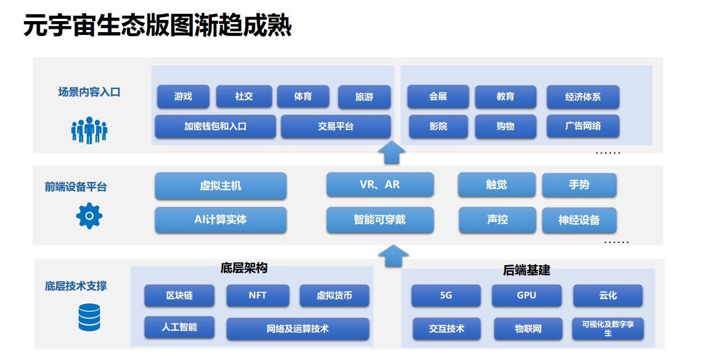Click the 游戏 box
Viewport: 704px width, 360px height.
click(183, 97)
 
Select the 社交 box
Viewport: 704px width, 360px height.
click(244, 97)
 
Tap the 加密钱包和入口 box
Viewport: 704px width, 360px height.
click(215, 126)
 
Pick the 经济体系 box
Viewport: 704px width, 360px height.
click(583, 97)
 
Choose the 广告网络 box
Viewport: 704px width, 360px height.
click(583, 126)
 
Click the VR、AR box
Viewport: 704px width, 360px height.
click(380, 184)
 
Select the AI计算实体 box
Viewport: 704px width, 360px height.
click(221, 220)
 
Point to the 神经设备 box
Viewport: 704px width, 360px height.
click(579, 220)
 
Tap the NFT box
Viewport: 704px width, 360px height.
click(258, 295)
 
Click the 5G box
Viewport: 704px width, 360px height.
click(446, 295)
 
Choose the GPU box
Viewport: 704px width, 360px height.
click(526, 295)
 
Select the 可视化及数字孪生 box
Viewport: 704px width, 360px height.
click(608, 328)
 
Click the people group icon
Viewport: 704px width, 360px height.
click(89, 130)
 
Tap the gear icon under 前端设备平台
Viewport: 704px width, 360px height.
click(89, 216)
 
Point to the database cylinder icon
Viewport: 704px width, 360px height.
click(89, 317)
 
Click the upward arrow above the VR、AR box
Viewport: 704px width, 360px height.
click(392, 152)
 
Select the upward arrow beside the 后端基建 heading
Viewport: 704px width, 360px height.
click(393, 256)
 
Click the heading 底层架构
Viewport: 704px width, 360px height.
click(244, 268)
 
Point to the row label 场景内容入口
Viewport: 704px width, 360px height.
click(89, 92)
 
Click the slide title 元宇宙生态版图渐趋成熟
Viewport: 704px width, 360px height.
click(158, 25)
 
